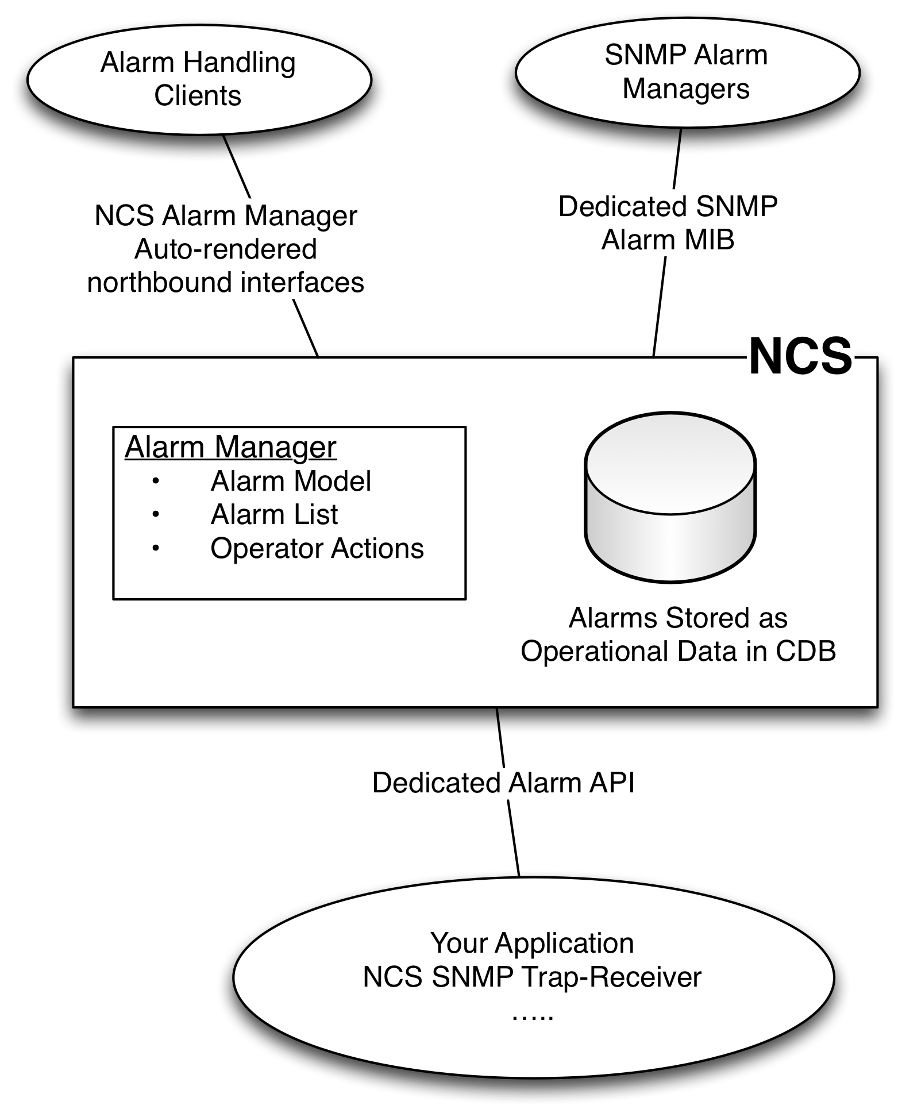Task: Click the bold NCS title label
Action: point(800,357)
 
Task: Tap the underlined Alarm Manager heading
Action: point(230,447)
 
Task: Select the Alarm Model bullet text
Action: point(291,481)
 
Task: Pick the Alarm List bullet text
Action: point(274,514)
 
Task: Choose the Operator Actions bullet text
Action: point(317,548)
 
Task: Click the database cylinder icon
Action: point(670,497)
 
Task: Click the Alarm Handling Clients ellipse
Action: point(199,80)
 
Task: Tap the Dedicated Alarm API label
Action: point(503,783)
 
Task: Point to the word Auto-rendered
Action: point(226,249)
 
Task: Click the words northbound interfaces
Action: point(226,283)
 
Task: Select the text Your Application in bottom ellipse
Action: point(532,943)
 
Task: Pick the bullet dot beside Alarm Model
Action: point(156,482)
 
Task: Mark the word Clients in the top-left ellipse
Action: point(198,95)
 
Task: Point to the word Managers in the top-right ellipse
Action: point(686,89)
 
